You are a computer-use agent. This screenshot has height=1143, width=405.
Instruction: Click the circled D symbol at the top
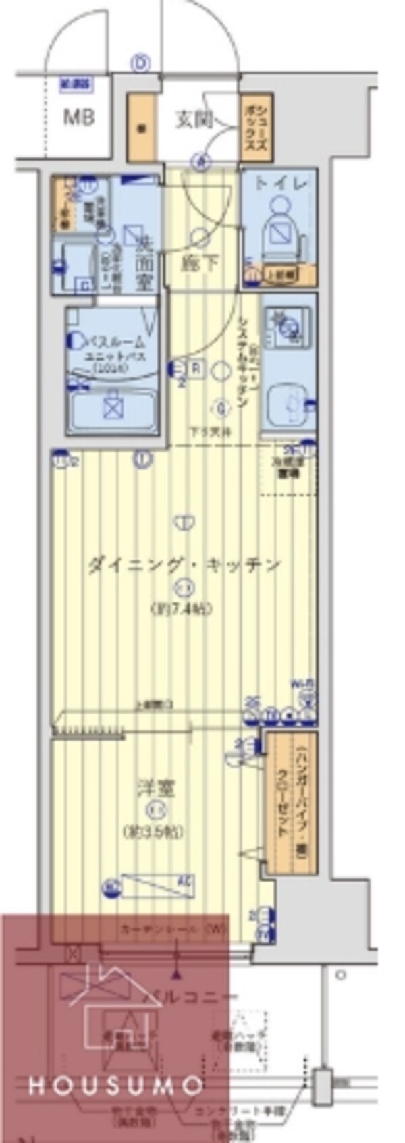[140, 64]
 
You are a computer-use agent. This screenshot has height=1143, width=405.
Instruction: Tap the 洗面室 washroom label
[143, 259]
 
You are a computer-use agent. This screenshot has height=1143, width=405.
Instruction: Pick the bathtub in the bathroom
[113, 408]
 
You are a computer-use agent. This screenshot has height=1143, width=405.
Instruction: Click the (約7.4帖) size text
[181, 608]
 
